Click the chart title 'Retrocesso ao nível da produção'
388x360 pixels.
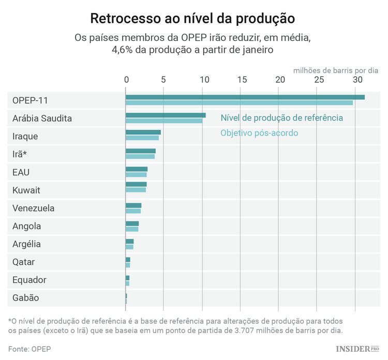pos(192,18)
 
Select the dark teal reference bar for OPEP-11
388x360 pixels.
pos(245,97)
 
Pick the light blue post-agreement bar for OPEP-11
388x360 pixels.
pos(239,103)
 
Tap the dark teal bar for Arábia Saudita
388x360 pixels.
pos(166,115)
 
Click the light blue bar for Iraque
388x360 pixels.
pos(142,138)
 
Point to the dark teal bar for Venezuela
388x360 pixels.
pos(133,205)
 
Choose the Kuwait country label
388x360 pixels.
pos(26,190)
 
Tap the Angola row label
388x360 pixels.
pos(27,226)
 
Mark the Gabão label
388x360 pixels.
pos(26,298)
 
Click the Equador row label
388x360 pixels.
pos(29,280)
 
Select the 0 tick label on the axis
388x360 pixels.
pos(126,80)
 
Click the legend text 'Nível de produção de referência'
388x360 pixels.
pos(281,118)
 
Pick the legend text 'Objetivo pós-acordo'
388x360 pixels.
pos(259,133)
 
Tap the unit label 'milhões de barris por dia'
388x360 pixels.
pos(336,69)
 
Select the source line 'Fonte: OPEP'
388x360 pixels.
pos(29,349)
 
